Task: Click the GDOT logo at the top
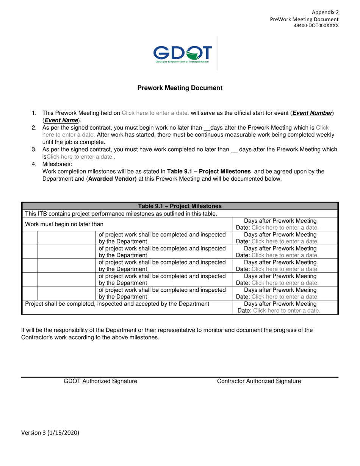182,54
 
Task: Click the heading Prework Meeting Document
180,88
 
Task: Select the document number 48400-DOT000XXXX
316,26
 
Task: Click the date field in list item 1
155,113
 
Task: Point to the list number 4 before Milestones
34,164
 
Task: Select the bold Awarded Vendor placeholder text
112,178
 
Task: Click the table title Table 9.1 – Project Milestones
180,206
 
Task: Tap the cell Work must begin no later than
64,224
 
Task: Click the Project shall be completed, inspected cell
117,304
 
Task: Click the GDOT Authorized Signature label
100,382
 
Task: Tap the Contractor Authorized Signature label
259,382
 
